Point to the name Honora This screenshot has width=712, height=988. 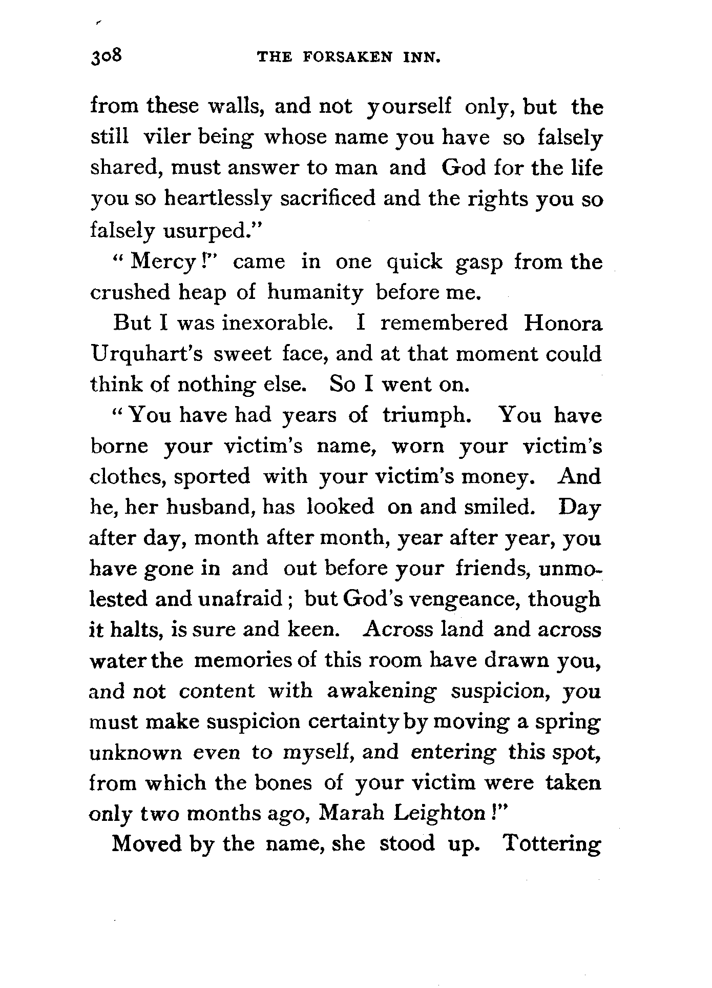(564, 324)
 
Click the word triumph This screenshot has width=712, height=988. (426, 415)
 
